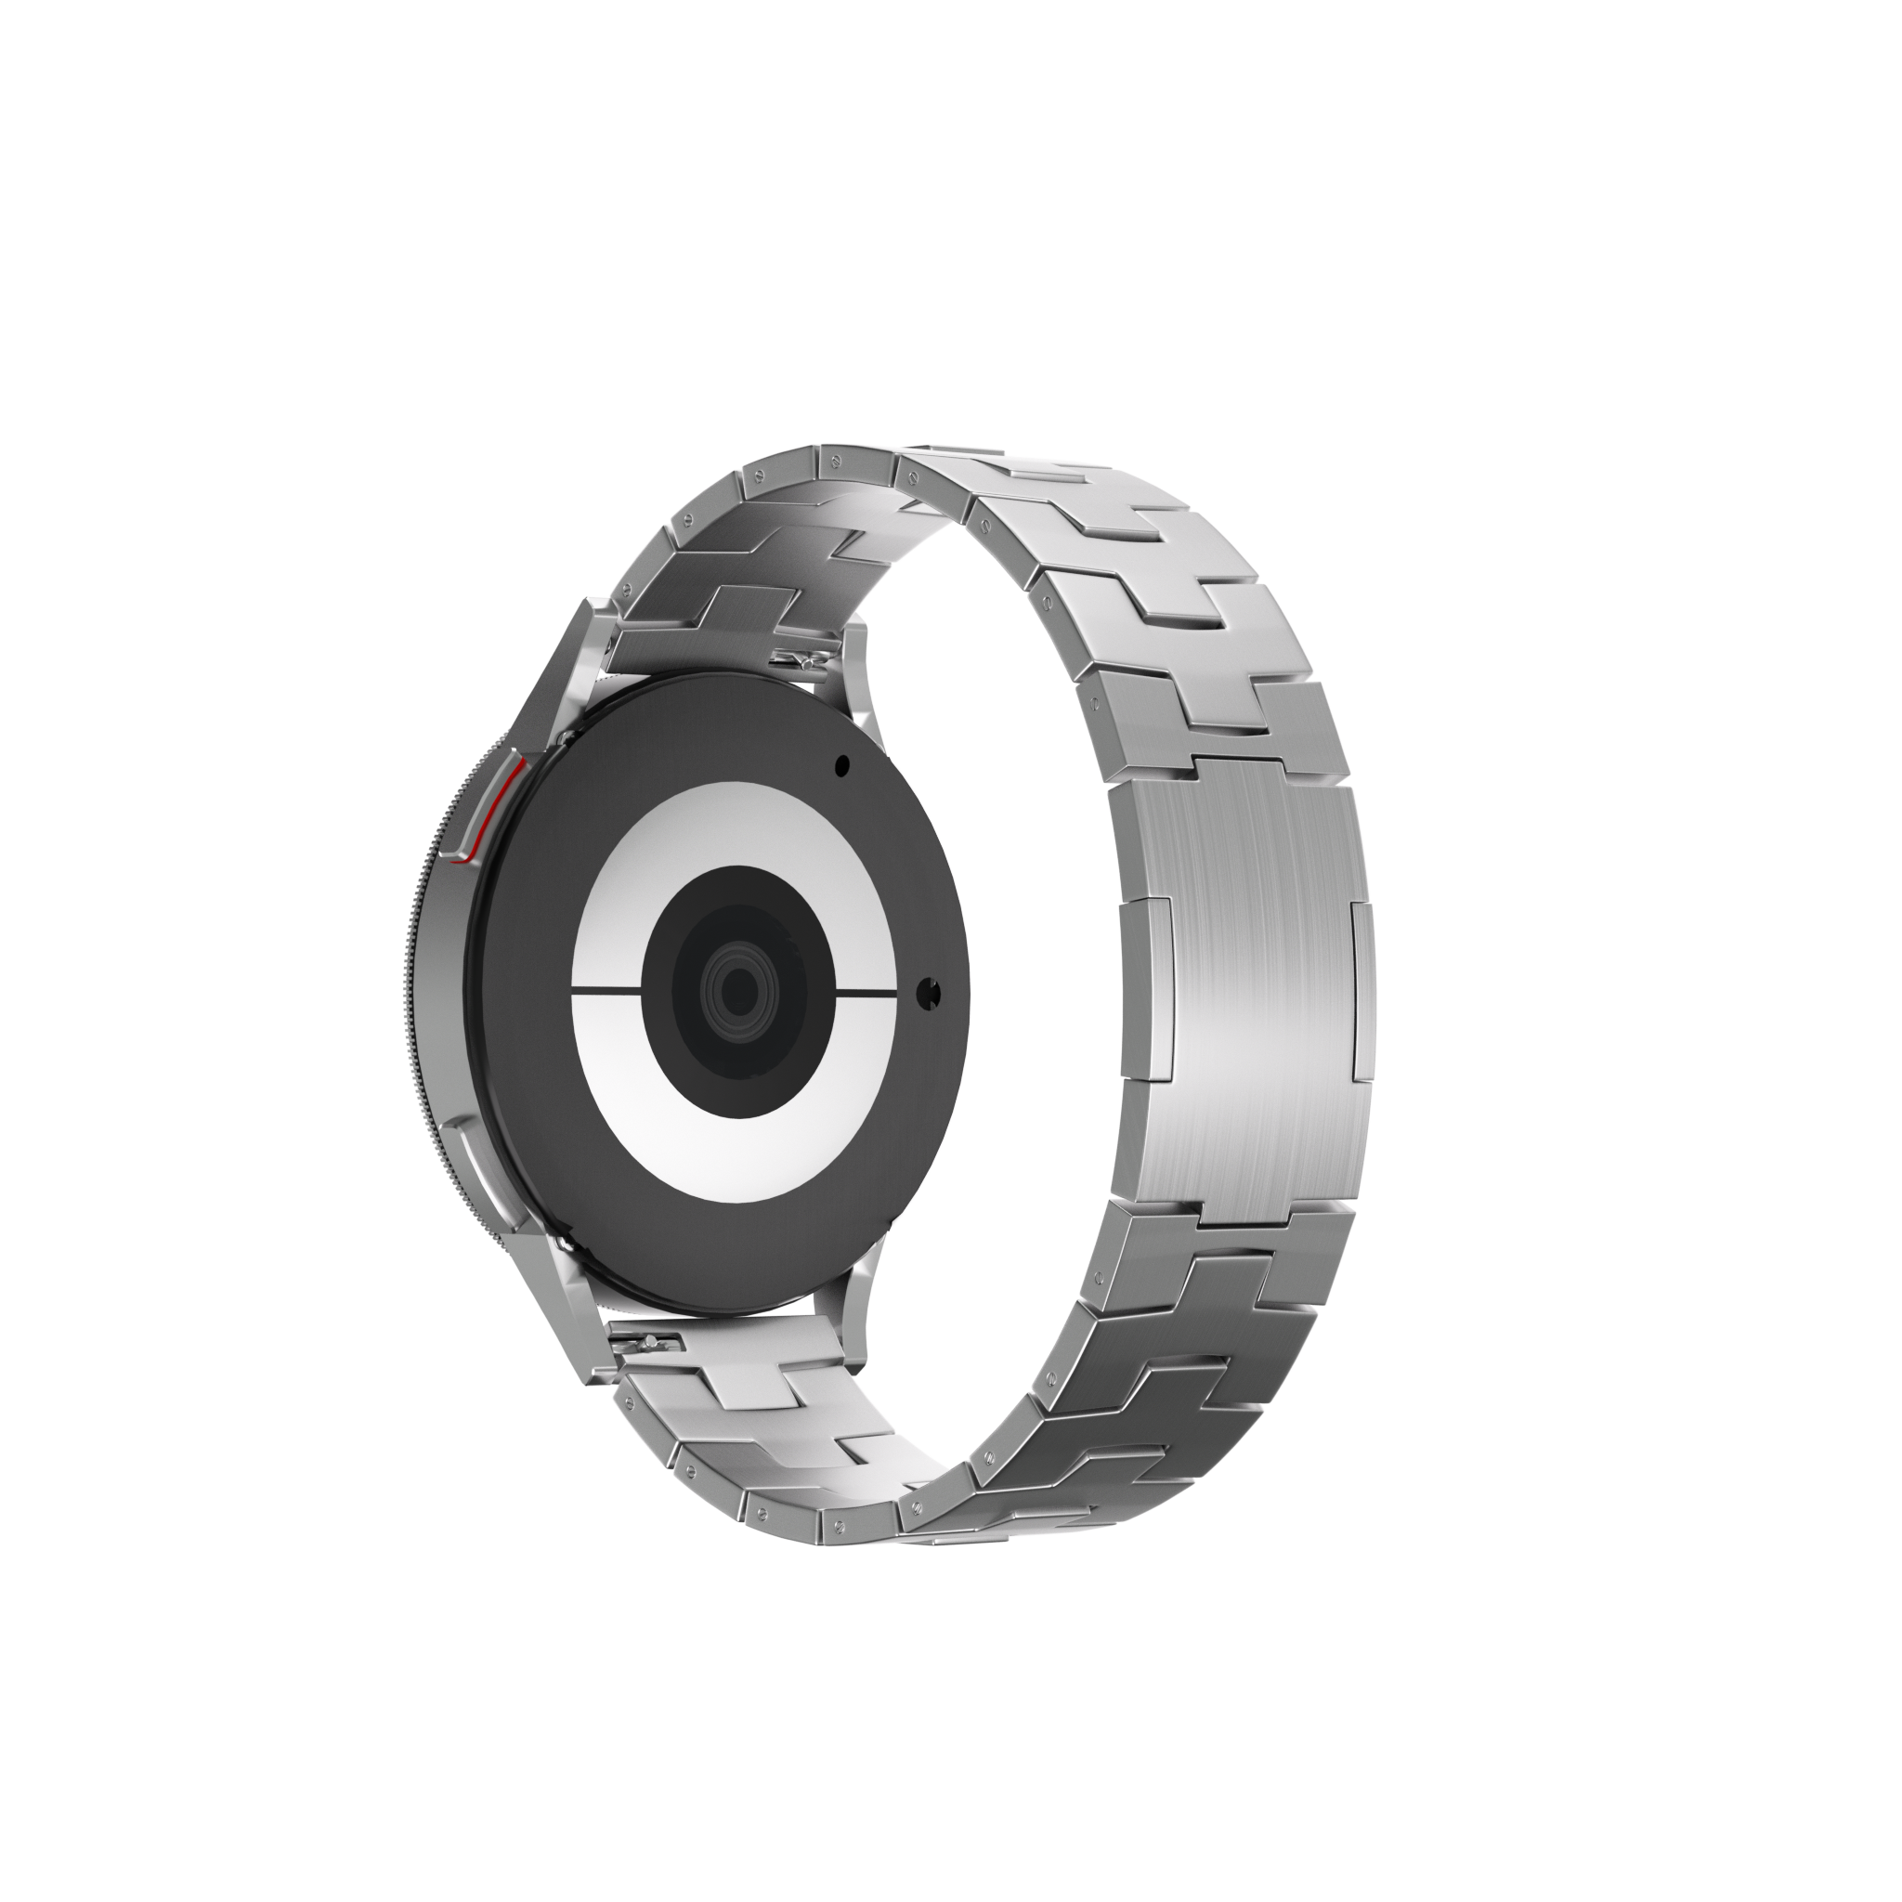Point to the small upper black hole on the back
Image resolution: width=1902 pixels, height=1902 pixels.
pos(841,765)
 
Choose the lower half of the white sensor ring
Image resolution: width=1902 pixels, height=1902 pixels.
pos(734,1142)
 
